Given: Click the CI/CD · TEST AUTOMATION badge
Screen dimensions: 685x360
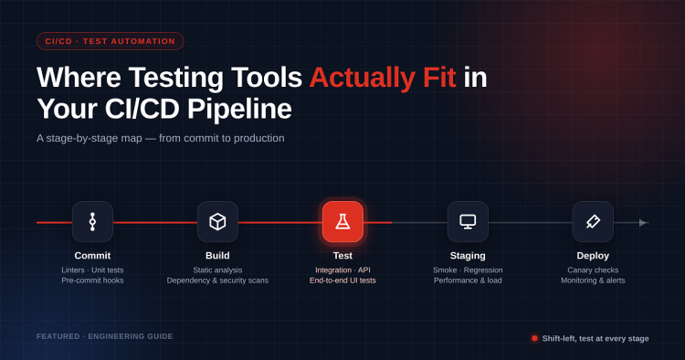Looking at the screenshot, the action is [x=111, y=41].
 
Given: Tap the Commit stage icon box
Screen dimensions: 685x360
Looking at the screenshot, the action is [x=92, y=221].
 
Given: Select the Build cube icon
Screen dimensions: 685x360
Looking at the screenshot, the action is [x=217, y=221].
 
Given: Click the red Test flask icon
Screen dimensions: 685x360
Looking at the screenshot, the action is [x=342, y=221].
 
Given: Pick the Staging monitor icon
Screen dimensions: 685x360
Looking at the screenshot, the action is [x=468, y=221].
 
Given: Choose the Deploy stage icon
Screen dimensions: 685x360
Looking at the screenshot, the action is [x=593, y=221].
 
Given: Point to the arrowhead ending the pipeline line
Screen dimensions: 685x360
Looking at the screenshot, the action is [x=643, y=223].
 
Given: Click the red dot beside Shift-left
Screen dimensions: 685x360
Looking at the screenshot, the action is [x=534, y=338].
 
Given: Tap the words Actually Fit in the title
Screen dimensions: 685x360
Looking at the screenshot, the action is [x=383, y=78].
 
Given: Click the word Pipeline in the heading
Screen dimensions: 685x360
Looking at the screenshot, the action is [x=239, y=109].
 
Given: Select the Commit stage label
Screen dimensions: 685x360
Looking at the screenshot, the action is [x=92, y=256].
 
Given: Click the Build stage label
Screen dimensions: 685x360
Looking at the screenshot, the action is [x=217, y=256].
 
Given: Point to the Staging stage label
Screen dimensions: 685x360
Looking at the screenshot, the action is [x=468, y=256].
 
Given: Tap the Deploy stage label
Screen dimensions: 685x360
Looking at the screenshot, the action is [x=593, y=256].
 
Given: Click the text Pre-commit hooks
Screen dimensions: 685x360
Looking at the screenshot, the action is [x=92, y=281].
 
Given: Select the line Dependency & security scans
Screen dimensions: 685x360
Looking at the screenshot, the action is [x=217, y=281].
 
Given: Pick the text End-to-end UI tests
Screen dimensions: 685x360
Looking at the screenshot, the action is [x=342, y=281].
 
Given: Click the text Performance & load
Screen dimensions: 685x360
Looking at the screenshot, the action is [x=468, y=281].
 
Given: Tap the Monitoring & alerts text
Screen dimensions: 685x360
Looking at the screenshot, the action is [x=593, y=281].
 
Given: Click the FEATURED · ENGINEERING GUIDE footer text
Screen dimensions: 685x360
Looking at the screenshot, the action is [x=105, y=336].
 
